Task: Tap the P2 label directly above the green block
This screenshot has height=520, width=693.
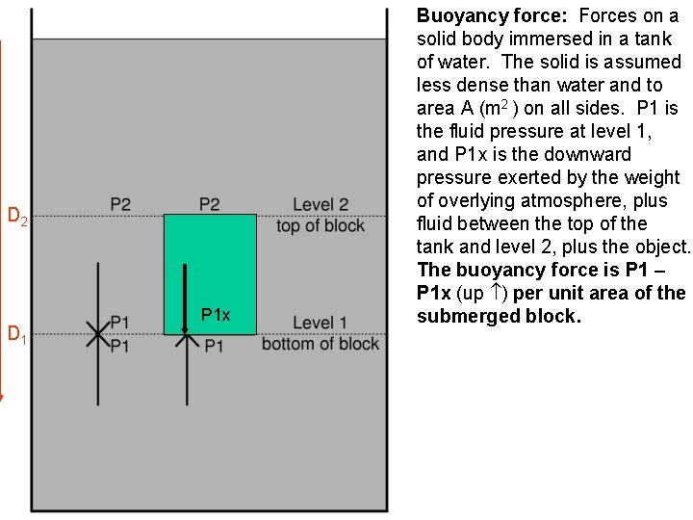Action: [x=209, y=204]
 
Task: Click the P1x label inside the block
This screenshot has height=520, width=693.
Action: [x=216, y=315]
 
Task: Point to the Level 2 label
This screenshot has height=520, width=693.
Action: [x=320, y=204]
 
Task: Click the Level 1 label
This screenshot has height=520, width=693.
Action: [x=320, y=323]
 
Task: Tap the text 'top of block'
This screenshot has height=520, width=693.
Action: [x=320, y=225]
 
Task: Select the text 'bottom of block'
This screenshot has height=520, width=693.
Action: [x=320, y=344]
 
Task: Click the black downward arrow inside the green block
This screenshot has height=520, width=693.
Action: [x=185, y=299]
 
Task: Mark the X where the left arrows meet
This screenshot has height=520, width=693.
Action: [x=97, y=334]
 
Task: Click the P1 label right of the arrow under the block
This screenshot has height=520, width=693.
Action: [x=214, y=345]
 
